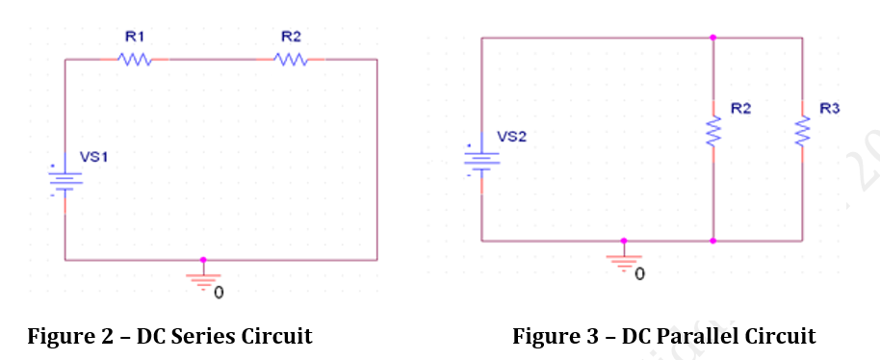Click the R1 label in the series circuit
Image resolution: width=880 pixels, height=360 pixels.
pyautogui.click(x=134, y=36)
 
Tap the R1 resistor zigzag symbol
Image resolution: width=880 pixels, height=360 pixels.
pyautogui.click(x=135, y=60)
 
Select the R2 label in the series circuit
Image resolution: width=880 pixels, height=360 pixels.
pyautogui.click(x=291, y=36)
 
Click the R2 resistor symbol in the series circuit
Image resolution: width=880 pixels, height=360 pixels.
pyautogui.click(x=291, y=60)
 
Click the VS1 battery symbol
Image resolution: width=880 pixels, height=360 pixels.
pyautogui.click(x=65, y=179)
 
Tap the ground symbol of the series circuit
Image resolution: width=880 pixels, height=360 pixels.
pyautogui.click(x=202, y=279)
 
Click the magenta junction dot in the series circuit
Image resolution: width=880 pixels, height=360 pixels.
pyautogui.click(x=202, y=260)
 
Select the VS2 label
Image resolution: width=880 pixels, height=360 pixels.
pyautogui.click(x=511, y=137)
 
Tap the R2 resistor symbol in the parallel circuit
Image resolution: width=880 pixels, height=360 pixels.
pyautogui.click(x=712, y=132)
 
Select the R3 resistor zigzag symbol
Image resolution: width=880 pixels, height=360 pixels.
pyautogui.click(x=801, y=132)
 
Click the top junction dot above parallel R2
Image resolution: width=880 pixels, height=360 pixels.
pyautogui.click(x=712, y=38)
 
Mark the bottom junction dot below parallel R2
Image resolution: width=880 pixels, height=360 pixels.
pyautogui.click(x=712, y=241)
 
